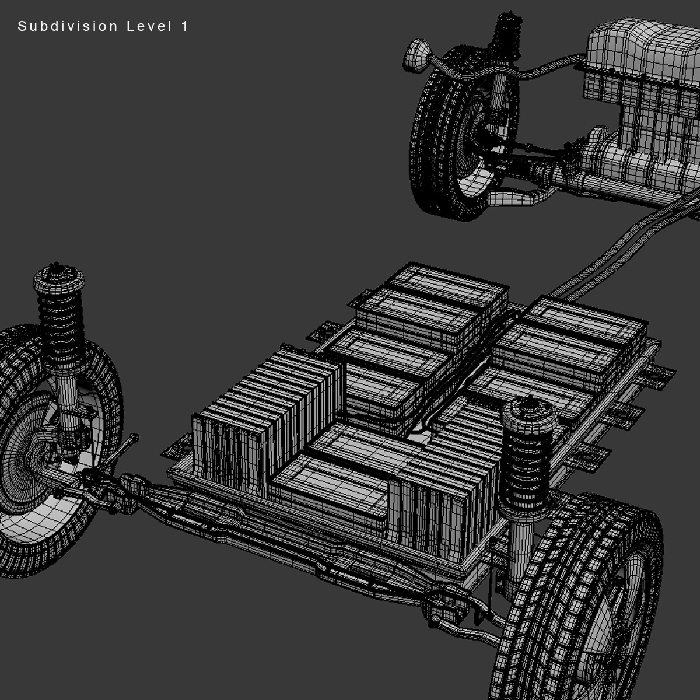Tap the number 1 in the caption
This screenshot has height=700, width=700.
[x=185, y=26]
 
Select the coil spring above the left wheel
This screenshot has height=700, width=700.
[x=61, y=327]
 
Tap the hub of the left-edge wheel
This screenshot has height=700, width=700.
[x=26, y=461]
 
